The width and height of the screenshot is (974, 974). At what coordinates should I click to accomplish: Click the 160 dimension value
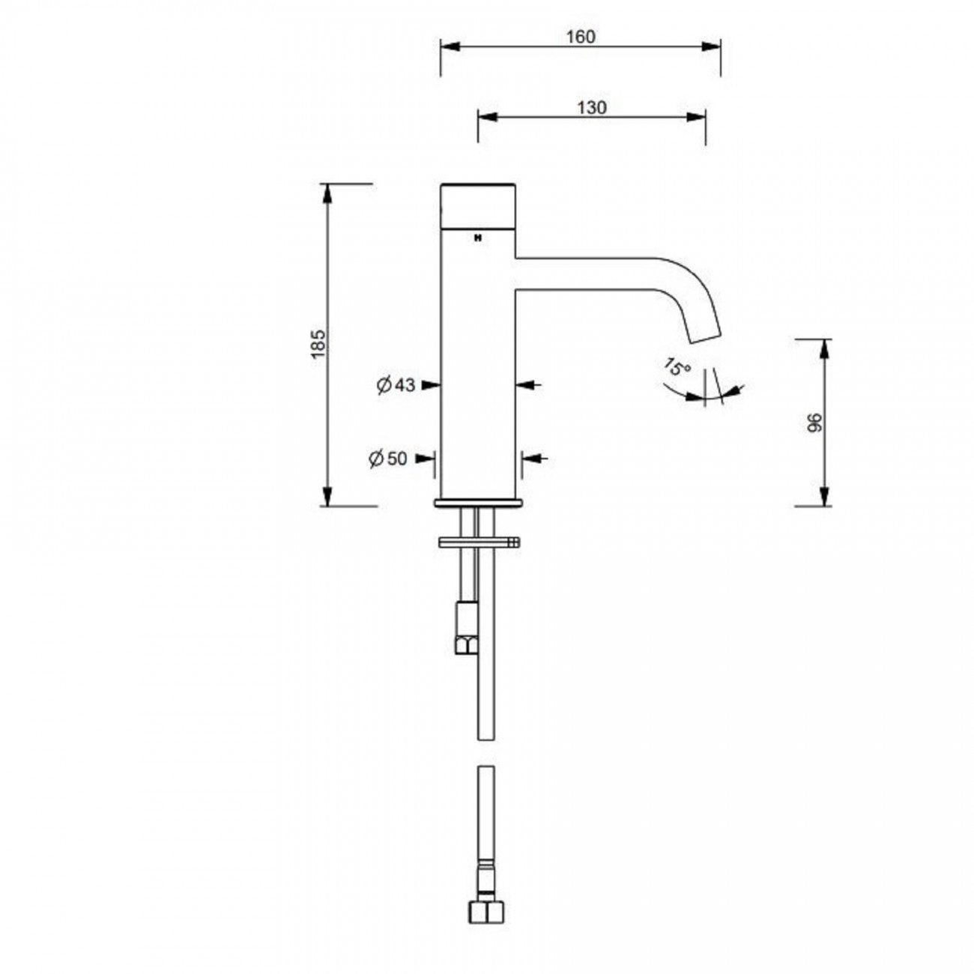click(581, 36)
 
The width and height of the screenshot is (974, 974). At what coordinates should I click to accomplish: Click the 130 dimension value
click(591, 107)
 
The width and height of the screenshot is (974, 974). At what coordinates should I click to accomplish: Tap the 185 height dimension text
click(318, 344)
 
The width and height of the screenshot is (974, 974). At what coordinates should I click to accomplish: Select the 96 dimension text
click(816, 422)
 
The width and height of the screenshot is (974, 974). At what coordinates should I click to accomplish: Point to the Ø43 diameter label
click(396, 385)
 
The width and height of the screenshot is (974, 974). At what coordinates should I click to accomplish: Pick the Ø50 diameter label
click(388, 458)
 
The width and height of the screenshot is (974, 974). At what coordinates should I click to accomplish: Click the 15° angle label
click(677, 368)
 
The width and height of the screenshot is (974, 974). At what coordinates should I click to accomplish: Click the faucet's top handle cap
click(477, 205)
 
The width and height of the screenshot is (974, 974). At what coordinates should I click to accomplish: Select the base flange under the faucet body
click(477, 502)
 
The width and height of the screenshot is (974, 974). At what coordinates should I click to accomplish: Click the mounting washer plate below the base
click(477, 541)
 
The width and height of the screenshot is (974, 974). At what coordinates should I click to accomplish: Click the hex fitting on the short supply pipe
click(464, 643)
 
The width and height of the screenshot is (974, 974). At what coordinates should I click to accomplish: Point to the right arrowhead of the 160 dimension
click(713, 46)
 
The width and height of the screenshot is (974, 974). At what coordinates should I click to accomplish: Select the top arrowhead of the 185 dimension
click(327, 193)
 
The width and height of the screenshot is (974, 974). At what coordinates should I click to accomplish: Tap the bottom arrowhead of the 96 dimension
click(824, 496)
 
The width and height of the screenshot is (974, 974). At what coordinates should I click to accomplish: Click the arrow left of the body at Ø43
click(430, 385)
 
